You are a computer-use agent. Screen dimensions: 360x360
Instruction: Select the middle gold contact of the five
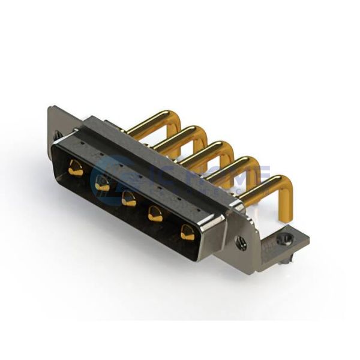pos(129,199)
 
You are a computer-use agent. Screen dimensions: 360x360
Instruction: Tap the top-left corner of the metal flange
pos(50,108)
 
